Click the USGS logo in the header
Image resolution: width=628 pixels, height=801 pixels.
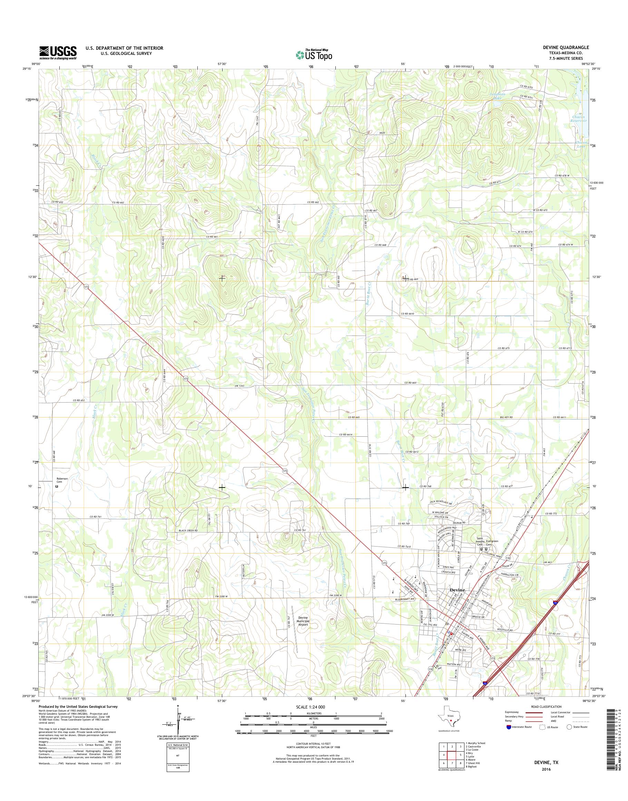58,52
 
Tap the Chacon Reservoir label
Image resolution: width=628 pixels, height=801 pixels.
579,119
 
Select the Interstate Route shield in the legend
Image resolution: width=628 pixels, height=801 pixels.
509,727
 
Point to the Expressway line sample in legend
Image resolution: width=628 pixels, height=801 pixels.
534,713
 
